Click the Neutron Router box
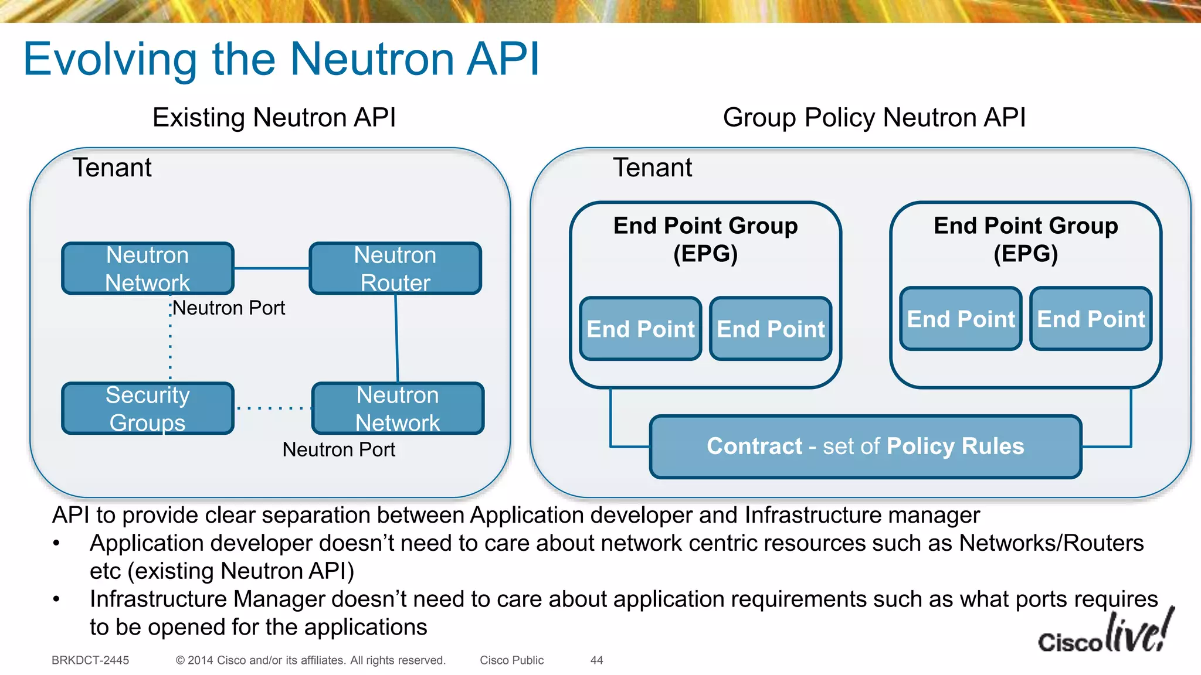click(395, 268)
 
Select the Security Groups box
click(148, 408)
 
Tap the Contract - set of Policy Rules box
click(866, 446)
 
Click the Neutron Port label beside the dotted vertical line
click(229, 308)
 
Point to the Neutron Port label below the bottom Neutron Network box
click(338, 449)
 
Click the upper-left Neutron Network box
click(148, 268)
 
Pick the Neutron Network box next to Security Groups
click(398, 408)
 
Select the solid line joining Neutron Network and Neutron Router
click(272, 268)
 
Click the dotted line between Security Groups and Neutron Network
click(273, 408)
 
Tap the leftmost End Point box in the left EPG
click(640, 329)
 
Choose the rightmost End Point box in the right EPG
click(1091, 319)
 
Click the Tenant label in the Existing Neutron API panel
click(112, 168)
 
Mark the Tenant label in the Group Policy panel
click(652, 168)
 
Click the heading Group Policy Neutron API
click(874, 117)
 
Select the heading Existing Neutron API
click(274, 117)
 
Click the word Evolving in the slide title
click(110, 60)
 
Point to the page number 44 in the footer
click(596, 660)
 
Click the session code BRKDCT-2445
click(90, 660)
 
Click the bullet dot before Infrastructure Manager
click(56, 599)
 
